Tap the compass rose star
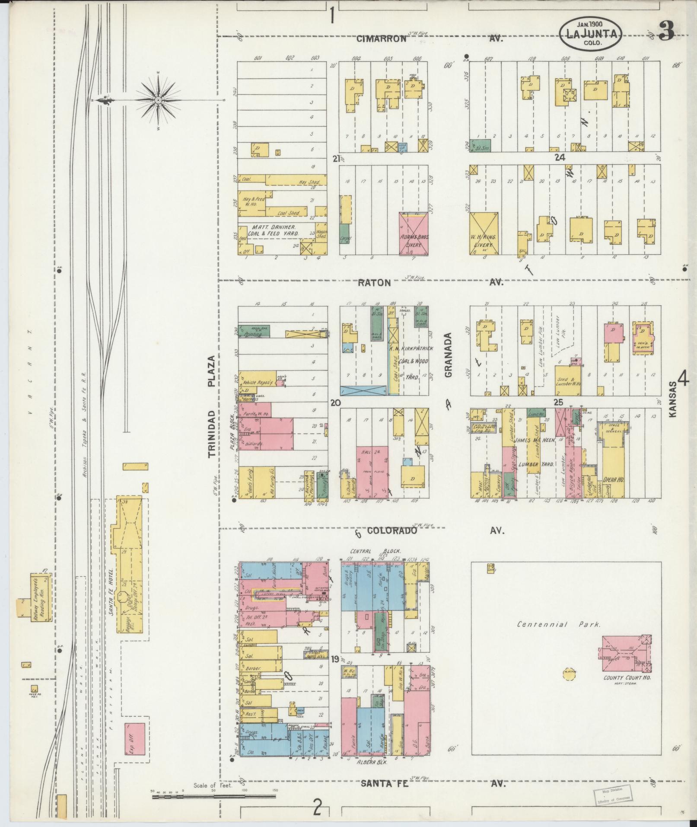click(x=158, y=100)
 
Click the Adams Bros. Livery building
click(x=414, y=233)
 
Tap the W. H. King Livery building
click(x=484, y=233)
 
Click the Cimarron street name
click(x=382, y=39)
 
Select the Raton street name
click(x=375, y=283)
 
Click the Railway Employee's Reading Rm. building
click(x=41, y=597)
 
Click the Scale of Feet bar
click(x=214, y=795)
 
